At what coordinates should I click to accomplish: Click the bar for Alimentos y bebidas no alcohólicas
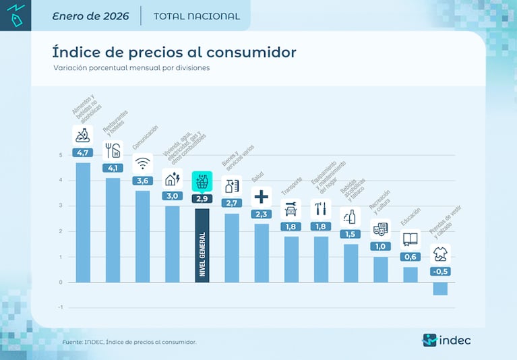[x=83, y=222]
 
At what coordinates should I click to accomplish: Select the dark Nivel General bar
[x=202, y=245]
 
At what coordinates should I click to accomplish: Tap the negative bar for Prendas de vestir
[x=440, y=289]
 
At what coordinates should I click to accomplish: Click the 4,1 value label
[x=113, y=168]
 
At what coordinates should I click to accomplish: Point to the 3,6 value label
[x=142, y=181]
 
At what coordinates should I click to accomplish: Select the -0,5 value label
[x=440, y=271]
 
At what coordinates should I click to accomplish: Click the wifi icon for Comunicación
[x=142, y=164]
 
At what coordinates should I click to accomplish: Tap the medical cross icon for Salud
[x=262, y=197]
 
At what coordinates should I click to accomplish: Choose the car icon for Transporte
[x=291, y=209]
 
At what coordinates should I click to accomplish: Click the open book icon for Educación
[x=410, y=239]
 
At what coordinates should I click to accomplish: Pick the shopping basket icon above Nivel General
[x=202, y=181]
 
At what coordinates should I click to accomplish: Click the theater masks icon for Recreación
[x=380, y=229]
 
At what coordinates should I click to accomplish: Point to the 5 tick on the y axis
[x=61, y=155]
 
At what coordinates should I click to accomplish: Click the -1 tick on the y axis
[x=60, y=307]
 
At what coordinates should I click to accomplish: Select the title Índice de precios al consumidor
[x=174, y=53]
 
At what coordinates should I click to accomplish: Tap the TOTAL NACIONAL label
[x=196, y=16]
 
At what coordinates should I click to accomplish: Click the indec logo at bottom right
[x=446, y=340]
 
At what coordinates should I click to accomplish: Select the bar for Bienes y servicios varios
[x=232, y=247]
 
